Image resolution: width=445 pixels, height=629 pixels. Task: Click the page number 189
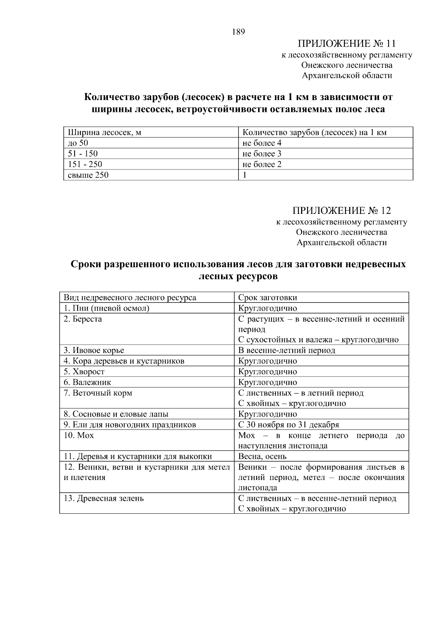(x=238, y=32)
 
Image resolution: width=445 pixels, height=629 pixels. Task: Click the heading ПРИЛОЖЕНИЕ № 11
(x=347, y=44)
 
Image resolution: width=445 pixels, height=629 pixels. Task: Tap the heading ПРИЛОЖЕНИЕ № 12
(x=341, y=211)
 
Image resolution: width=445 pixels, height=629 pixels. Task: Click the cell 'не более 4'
(x=262, y=143)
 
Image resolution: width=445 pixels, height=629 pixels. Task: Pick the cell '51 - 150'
(x=83, y=154)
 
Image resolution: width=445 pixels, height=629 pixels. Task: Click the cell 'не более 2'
(x=262, y=164)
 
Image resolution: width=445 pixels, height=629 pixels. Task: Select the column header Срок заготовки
(x=267, y=298)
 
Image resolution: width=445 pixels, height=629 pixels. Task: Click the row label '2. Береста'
(x=83, y=319)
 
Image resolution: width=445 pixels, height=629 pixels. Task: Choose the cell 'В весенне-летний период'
(x=286, y=350)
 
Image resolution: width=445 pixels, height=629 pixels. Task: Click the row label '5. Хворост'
(x=84, y=371)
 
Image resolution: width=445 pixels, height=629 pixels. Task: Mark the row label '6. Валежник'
(x=87, y=382)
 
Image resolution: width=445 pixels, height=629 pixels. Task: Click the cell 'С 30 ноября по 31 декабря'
(x=289, y=425)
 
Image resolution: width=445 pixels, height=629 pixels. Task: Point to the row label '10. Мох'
(x=79, y=436)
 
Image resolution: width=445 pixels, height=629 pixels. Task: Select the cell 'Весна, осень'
(x=262, y=457)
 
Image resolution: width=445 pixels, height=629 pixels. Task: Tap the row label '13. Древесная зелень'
(x=103, y=499)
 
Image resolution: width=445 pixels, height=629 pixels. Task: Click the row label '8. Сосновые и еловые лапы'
(x=116, y=414)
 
